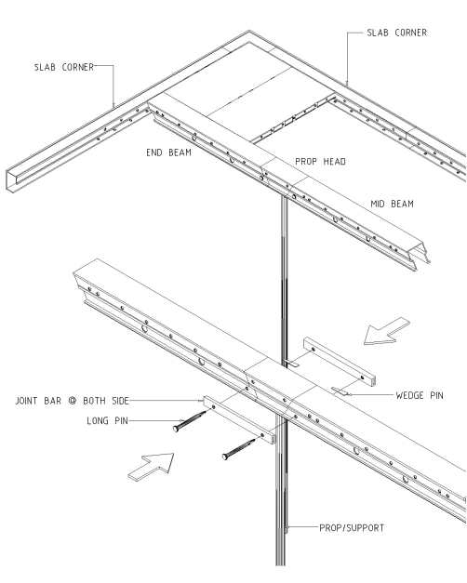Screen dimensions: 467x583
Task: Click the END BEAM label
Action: (x=168, y=152)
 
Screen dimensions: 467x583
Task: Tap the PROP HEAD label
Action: (x=320, y=162)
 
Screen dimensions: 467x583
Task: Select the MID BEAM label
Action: (x=392, y=204)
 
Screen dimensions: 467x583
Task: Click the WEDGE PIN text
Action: (x=420, y=395)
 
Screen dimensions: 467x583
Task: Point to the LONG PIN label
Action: (x=107, y=421)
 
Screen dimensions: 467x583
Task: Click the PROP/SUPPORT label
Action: (x=352, y=528)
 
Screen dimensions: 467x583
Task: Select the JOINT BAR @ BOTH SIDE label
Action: (x=73, y=401)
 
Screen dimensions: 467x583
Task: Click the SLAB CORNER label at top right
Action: (x=396, y=33)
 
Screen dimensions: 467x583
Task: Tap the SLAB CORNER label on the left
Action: (x=64, y=67)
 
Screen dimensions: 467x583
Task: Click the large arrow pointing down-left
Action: (x=385, y=332)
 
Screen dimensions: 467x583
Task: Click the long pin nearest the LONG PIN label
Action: (x=190, y=421)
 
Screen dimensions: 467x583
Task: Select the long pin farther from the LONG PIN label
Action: (x=238, y=449)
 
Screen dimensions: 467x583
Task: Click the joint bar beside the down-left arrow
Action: (x=340, y=361)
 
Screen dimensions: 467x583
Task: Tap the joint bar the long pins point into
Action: (x=240, y=419)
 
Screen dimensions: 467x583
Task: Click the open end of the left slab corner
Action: (x=11, y=181)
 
